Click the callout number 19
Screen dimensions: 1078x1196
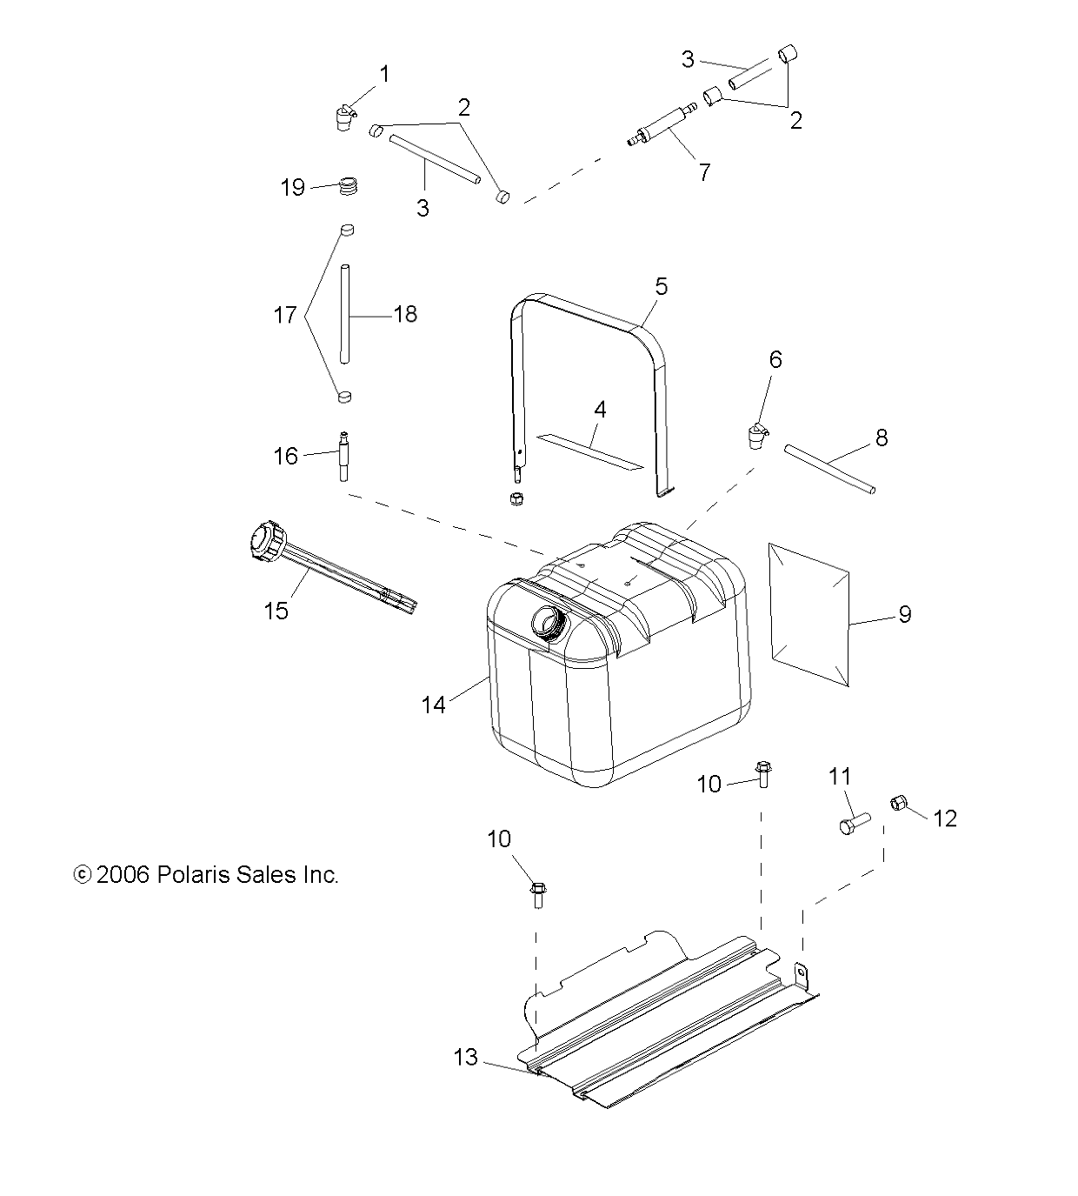coord(293,188)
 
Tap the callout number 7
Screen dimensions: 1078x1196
coord(704,172)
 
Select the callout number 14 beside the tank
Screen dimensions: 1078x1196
coord(433,705)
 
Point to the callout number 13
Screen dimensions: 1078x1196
coord(466,1057)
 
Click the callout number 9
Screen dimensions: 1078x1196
coord(905,614)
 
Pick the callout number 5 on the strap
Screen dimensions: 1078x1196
coord(662,287)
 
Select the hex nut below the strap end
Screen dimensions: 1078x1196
coord(516,499)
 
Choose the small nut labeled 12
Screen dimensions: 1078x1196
coord(898,804)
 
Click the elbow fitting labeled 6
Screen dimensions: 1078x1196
coord(757,436)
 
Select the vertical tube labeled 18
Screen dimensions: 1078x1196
coord(344,314)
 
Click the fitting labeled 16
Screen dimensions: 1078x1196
coord(344,456)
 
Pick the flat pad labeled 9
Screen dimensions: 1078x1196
coord(809,615)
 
